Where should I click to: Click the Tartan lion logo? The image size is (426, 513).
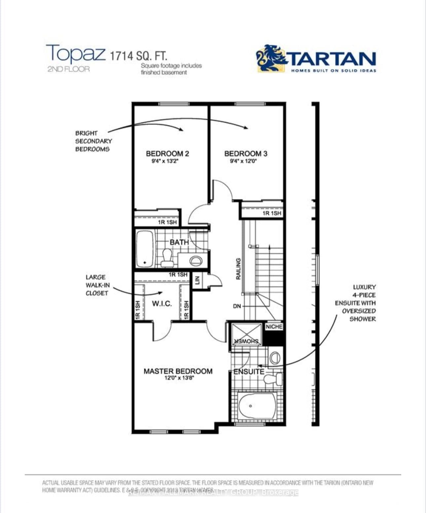pyautogui.click(x=271, y=58)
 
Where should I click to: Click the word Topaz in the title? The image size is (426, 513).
pyautogui.click(x=76, y=54)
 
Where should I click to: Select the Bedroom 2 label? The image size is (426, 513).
pyautogui.click(x=167, y=154)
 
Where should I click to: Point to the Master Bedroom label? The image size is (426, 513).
pyautogui.click(x=178, y=371)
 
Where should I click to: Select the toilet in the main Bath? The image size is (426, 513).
pyautogui.click(x=166, y=258)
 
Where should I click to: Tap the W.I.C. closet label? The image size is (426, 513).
pyautogui.click(x=162, y=304)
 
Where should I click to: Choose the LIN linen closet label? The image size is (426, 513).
pyautogui.click(x=197, y=281)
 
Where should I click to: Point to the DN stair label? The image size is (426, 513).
pyautogui.click(x=237, y=306)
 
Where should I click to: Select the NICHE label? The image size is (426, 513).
pyautogui.click(x=274, y=327)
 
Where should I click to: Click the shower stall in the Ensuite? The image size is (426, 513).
pyautogui.click(x=246, y=334)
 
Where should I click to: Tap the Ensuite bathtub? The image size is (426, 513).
pyautogui.click(x=256, y=406)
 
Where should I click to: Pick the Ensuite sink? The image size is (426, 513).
pyautogui.click(x=275, y=357)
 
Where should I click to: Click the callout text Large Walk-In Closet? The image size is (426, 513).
pyautogui.click(x=97, y=285)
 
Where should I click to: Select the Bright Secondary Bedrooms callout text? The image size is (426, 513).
pyautogui.click(x=93, y=141)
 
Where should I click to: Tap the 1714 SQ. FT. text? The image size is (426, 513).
pyautogui.click(x=138, y=55)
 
